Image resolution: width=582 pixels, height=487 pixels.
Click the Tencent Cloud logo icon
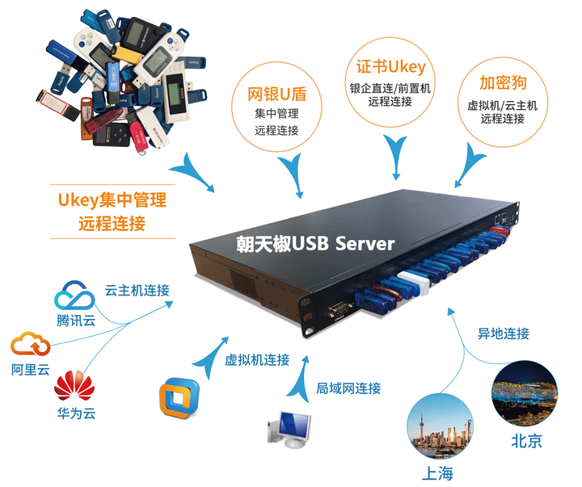(75, 295)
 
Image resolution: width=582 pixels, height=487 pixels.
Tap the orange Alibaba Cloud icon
(31, 345)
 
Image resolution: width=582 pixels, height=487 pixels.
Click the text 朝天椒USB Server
(315, 243)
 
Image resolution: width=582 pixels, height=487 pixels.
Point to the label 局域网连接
(348, 388)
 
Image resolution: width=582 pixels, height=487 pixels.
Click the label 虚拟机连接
(257, 360)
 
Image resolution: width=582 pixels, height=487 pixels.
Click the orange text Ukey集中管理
(112, 199)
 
